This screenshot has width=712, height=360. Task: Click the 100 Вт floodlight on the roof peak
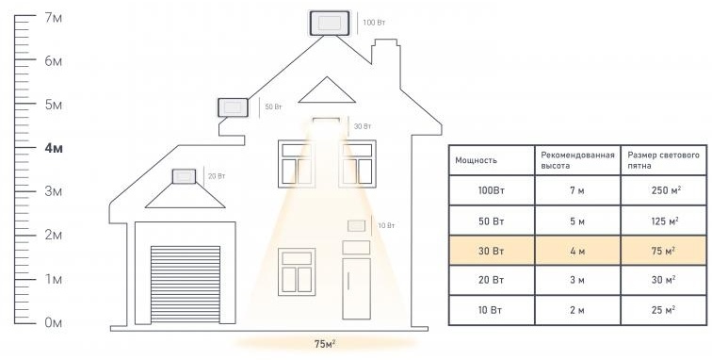coord(330,23)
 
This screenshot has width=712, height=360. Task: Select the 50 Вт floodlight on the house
coord(233,107)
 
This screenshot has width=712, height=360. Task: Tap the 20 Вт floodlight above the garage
coord(184,176)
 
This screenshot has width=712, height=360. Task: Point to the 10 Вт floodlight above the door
coord(356,225)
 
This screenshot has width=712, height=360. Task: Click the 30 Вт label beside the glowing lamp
coord(363,126)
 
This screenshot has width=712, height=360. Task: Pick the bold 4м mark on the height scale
coord(54,148)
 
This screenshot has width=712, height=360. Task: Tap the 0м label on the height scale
coord(53,322)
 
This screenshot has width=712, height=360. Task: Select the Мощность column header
coord(476,160)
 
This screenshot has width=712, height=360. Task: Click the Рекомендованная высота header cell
coord(577,160)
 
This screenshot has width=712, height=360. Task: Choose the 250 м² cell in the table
coord(664,190)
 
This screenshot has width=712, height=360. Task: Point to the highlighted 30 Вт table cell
coord(492,251)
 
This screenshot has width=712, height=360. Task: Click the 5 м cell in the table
coord(577,221)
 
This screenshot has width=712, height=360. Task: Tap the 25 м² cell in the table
coord(664,310)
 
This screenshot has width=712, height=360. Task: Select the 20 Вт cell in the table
coord(492,280)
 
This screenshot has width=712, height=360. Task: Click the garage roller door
coord(186,284)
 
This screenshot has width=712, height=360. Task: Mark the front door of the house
coord(356,288)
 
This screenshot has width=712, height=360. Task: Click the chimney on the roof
coord(386,63)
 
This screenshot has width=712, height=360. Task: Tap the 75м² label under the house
coord(325,344)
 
